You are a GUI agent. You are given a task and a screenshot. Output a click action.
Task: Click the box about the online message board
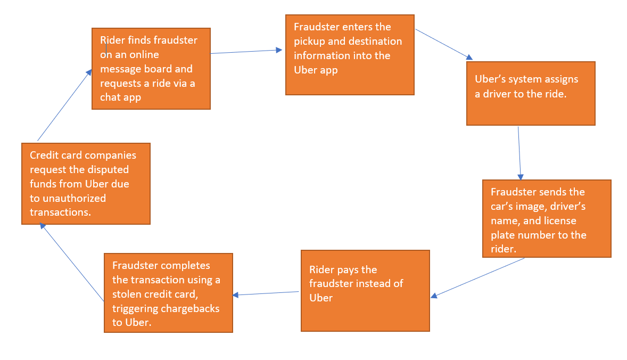coord(151,68)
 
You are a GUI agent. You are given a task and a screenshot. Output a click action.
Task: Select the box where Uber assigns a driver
coord(530,93)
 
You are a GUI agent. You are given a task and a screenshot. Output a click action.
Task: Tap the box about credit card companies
coord(86,183)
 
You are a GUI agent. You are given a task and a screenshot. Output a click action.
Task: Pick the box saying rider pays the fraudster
coord(365,291)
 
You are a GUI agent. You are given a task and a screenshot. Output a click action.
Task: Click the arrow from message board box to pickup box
coord(246,52)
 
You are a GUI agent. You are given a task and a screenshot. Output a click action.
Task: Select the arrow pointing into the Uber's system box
coord(443,44)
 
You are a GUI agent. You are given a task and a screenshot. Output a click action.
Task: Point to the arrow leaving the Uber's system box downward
coord(519,153)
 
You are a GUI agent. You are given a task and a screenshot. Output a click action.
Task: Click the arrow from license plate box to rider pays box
coord(477,277)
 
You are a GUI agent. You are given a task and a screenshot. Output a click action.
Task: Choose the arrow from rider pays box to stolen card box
coord(266,293)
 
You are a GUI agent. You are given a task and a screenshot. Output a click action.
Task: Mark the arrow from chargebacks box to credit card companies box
coord(72,263)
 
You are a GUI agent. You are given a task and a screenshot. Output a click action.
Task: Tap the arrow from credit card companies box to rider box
coord(64,106)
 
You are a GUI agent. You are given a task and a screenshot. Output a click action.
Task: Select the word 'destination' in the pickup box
coord(375,41)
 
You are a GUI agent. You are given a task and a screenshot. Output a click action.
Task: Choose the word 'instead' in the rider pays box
coord(376,283)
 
